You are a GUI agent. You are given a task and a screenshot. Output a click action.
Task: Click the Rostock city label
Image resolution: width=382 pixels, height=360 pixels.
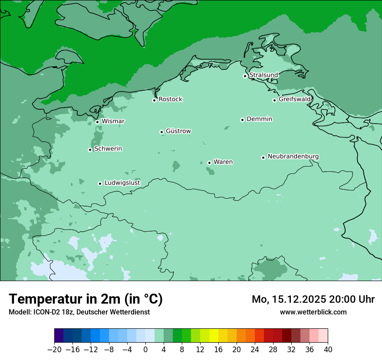pos(170,99)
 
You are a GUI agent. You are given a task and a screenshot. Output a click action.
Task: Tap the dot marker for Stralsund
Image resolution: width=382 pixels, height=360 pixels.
pos(245,76)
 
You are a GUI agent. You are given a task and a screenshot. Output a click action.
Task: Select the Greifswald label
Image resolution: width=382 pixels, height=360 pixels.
pos(295,99)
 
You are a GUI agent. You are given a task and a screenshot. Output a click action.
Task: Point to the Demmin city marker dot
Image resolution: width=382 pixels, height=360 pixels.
pos(242,120)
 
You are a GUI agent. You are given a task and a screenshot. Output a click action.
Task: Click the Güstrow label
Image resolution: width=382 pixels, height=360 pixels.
pos(178,131)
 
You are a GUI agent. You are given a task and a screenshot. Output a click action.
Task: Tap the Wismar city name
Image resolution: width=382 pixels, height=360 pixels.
pos(113,121)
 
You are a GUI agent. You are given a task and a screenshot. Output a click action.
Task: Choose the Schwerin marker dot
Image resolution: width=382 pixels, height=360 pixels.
pos(90,150)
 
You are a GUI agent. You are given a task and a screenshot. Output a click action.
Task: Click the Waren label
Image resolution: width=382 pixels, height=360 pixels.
pos(223,162)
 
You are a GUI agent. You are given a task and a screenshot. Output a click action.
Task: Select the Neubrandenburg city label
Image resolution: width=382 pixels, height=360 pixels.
pos(293,156)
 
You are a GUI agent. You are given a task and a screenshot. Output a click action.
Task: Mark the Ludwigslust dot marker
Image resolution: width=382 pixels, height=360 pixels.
pos(100,183)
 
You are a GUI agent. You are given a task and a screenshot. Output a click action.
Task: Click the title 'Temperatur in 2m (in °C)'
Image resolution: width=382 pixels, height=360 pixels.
pos(86,299)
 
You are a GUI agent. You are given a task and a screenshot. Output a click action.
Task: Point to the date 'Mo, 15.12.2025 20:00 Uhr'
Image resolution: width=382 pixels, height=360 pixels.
pos(313,299)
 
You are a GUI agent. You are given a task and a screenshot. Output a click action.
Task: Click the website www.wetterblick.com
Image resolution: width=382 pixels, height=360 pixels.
pos(313,312)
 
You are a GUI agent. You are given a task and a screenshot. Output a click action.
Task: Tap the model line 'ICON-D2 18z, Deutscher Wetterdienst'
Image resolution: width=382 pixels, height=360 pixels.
pos(79,312)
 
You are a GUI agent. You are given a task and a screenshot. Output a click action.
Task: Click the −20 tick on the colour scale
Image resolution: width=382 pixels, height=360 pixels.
pos(54,350)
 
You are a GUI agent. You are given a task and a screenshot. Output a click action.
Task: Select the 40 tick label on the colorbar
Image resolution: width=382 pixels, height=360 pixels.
pos(328,350)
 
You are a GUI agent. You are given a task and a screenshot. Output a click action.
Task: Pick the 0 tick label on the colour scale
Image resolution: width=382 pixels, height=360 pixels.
pos(145,350)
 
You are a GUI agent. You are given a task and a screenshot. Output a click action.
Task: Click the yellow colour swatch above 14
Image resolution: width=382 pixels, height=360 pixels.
pos(214,336)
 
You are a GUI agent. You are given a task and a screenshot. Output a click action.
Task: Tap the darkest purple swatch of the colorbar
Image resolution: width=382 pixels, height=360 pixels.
pos(59,336)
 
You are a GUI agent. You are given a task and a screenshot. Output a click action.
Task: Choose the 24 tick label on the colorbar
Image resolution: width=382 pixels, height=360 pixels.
pos(255,350)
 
